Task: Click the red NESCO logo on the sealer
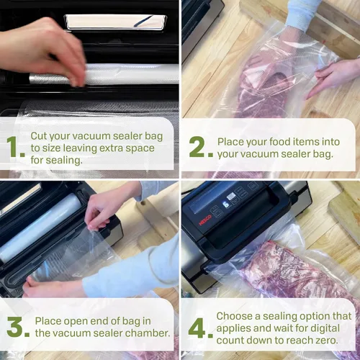point(205,220)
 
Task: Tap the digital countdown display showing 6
point(226,204)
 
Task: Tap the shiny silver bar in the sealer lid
point(115,22)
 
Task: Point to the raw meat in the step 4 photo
point(300,271)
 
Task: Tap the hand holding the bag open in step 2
point(333,77)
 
